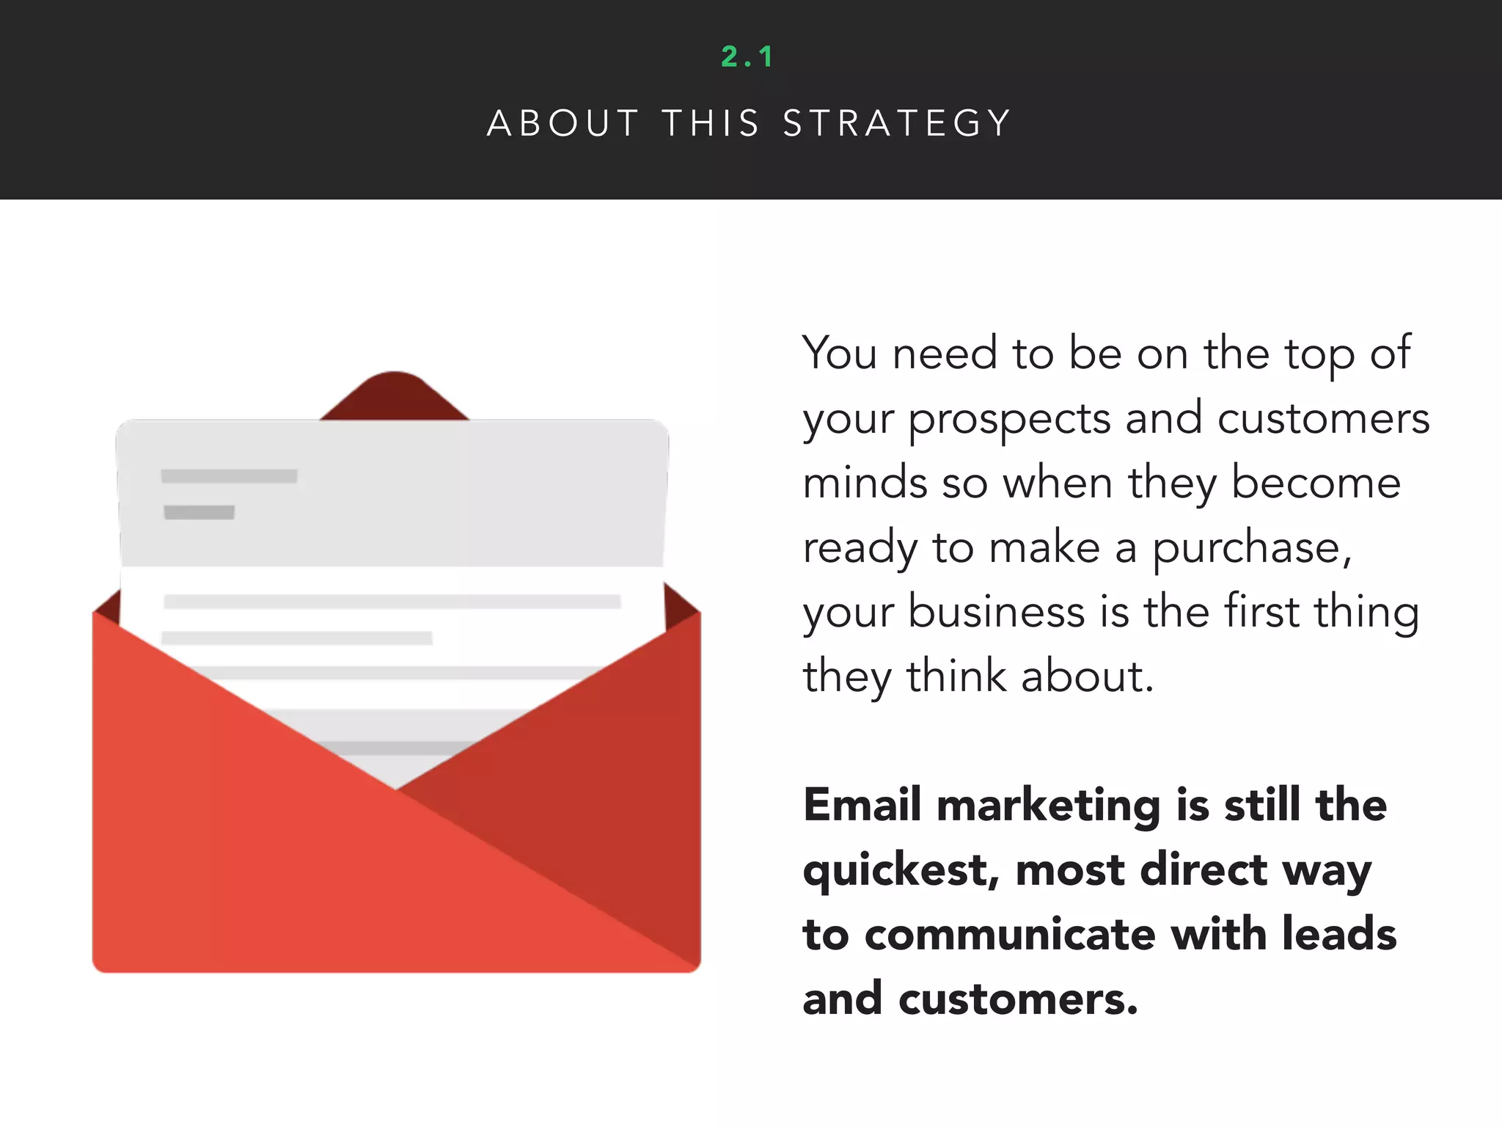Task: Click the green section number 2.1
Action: pos(747,57)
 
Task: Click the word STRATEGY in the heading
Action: pos(898,123)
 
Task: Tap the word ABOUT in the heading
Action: pos(563,123)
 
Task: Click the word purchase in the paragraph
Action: pos(1251,550)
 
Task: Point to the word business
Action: pos(996,613)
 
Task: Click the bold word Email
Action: pos(862,805)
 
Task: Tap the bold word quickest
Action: pos(901,871)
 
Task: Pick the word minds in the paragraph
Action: pos(865,484)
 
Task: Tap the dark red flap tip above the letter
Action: pos(395,393)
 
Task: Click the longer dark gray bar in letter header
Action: pos(229,476)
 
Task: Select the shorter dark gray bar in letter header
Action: pos(199,512)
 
